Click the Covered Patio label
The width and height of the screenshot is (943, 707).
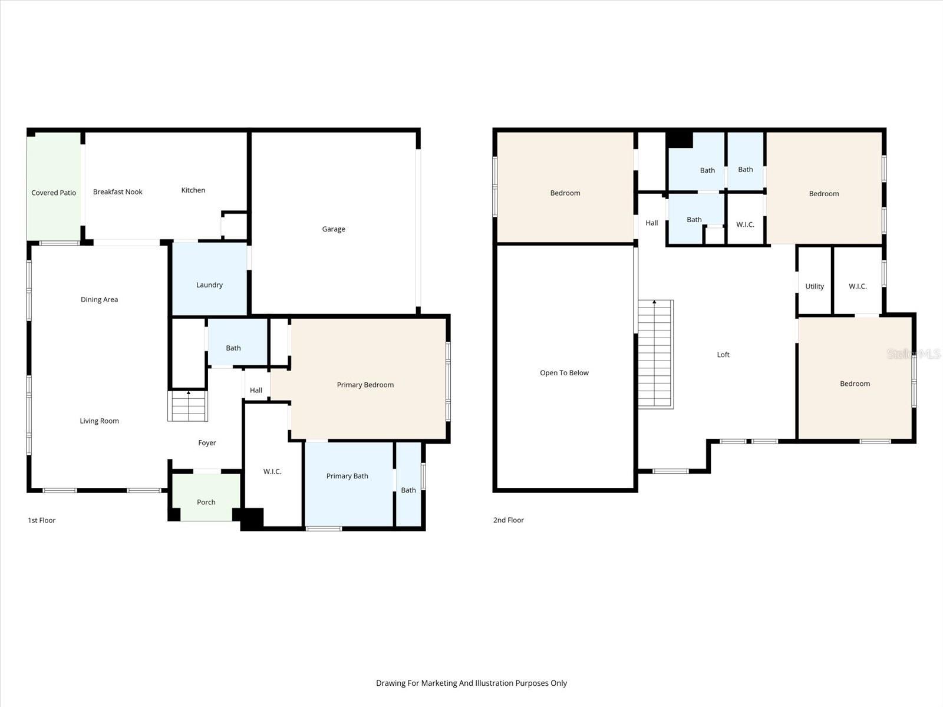pyautogui.click(x=54, y=193)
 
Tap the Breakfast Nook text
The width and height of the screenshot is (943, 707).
pyautogui.click(x=118, y=191)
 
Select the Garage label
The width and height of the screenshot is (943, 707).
pyautogui.click(x=334, y=229)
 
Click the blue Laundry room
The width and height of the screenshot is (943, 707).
pyautogui.click(x=209, y=280)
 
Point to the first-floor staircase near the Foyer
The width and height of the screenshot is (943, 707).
pyautogui.click(x=188, y=407)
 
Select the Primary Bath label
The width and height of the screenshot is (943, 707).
pyautogui.click(x=347, y=476)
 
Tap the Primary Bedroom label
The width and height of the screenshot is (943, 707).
pyautogui.click(x=365, y=385)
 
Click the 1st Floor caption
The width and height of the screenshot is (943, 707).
pyautogui.click(x=42, y=520)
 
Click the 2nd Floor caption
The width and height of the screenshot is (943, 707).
pyautogui.click(x=509, y=520)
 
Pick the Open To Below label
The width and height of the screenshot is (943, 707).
pyautogui.click(x=564, y=373)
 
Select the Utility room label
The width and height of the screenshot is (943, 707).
pyautogui.click(x=815, y=286)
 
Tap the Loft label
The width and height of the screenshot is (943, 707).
pyautogui.click(x=723, y=355)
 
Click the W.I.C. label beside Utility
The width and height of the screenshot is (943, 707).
pyautogui.click(x=858, y=286)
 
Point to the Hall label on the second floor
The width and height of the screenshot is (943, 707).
pyautogui.click(x=651, y=223)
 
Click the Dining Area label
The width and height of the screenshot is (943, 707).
pyautogui.click(x=99, y=299)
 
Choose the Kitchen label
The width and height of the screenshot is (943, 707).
pyautogui.click(x=193, y=190)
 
